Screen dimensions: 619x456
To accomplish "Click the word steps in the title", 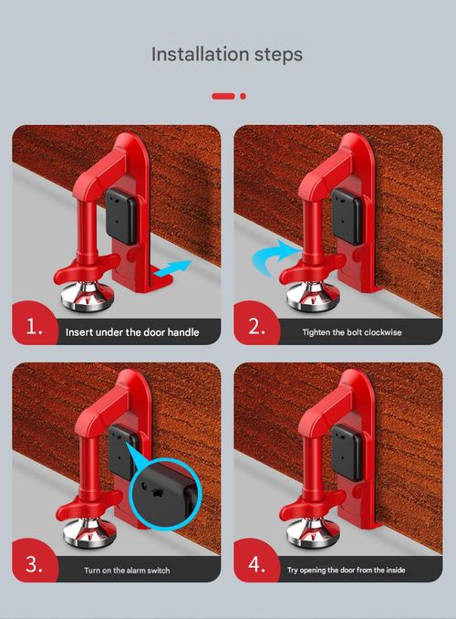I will coord(275,55).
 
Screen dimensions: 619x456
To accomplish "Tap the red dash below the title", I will coord(223,96).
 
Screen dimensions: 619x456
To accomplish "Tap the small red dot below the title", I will coord(244,96).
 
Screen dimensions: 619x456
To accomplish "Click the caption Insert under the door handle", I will coord(132,332).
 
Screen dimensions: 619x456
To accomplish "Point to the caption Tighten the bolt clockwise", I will coord(351,332).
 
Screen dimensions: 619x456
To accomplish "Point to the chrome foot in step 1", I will coord(84,298).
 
